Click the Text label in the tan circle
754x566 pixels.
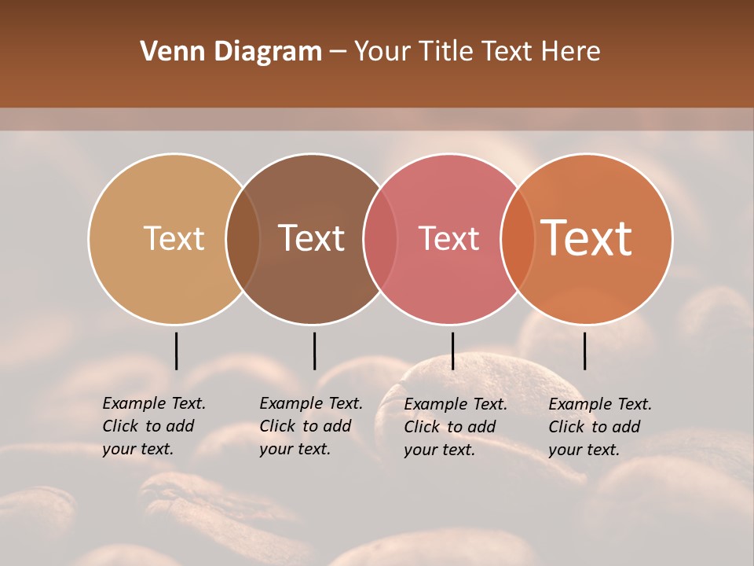coord(174,238)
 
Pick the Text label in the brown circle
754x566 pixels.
coord(312,238)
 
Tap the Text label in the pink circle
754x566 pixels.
coord(449,238)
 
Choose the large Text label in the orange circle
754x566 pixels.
coord(587,238)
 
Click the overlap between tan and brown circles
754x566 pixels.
coord(243,238)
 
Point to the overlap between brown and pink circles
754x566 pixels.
coord(380,238)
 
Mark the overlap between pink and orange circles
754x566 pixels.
coord(518,238)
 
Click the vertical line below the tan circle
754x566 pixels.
coord(176,351)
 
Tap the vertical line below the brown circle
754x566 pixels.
coord(314,351)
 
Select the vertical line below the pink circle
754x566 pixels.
coord(452,351)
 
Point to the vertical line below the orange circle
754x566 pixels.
coord(584,351)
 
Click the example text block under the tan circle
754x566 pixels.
coord(154,426)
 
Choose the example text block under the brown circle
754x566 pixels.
coord(311,426)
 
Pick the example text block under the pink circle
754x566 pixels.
coord(456,427)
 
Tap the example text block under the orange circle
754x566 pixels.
coord(600,427)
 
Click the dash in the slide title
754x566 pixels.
coord(338,53)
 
